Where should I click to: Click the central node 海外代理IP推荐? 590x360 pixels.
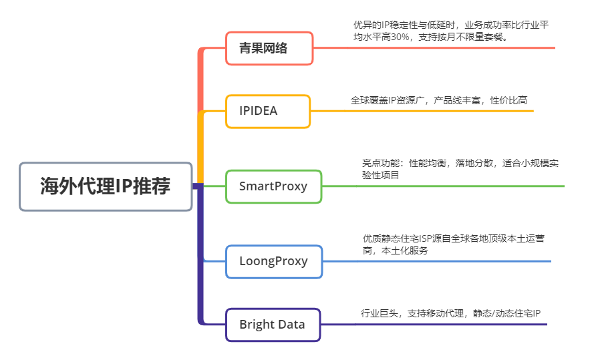click(106, 186)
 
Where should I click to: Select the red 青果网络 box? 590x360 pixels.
click(269, 48)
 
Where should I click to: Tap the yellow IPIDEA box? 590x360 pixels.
click(267, 111)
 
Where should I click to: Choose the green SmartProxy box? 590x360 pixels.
click(273, 186)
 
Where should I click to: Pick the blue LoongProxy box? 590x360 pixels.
click(273, 261)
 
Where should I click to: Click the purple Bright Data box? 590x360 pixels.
click(273, 325)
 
